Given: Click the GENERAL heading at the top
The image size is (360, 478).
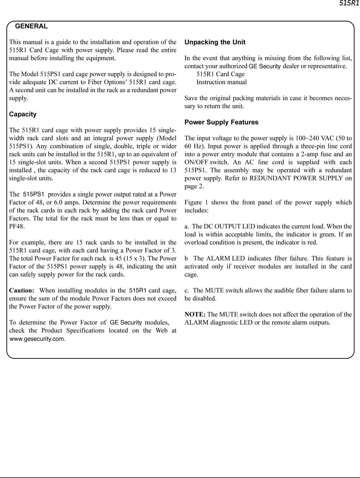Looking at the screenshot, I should coord(31,26).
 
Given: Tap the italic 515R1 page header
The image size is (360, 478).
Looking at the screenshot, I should coord(349,4).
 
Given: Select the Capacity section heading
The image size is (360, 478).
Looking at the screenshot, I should coord(23,114).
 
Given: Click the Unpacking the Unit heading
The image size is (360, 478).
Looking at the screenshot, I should coord(215,42).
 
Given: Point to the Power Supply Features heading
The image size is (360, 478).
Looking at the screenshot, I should coord(221,122).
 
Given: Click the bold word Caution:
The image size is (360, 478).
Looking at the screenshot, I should coord(21,291).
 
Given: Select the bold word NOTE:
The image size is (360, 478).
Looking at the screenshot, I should coord(195,315).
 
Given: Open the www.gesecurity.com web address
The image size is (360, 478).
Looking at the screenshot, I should coord(37,339).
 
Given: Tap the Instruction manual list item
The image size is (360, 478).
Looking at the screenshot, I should coord(221,82).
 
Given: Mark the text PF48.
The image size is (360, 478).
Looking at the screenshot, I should coord(17,227).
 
